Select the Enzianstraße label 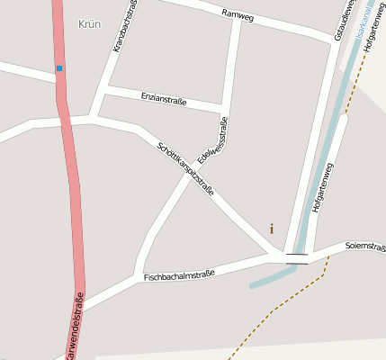[164, 98]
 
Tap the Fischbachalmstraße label [179, 273]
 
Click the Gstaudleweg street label [339, 20]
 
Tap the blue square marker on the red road [59, 68]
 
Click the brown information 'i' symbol [272, 229]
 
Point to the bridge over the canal [297, 258]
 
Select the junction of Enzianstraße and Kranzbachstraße [106, 91]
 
